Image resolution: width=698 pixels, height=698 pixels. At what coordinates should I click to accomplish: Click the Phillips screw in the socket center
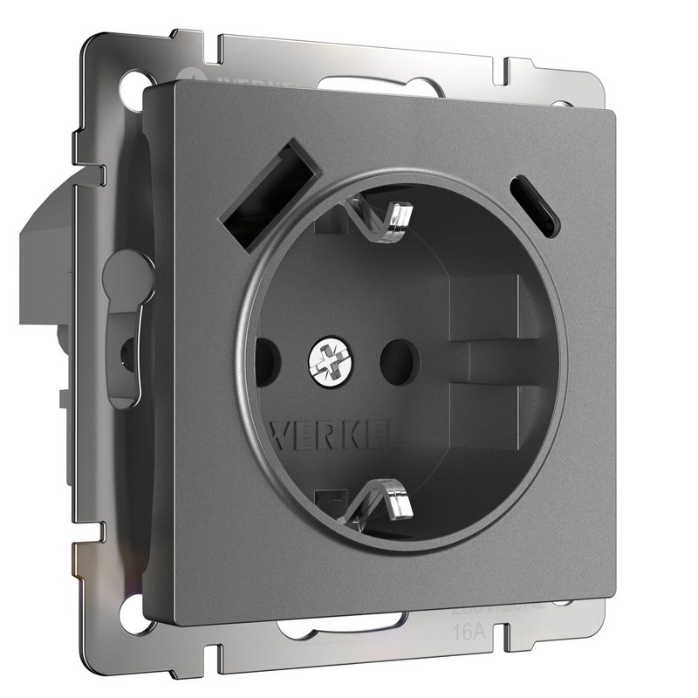(x=330, y=358)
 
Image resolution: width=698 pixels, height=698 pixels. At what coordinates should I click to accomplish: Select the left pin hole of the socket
(x=265, y=357)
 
